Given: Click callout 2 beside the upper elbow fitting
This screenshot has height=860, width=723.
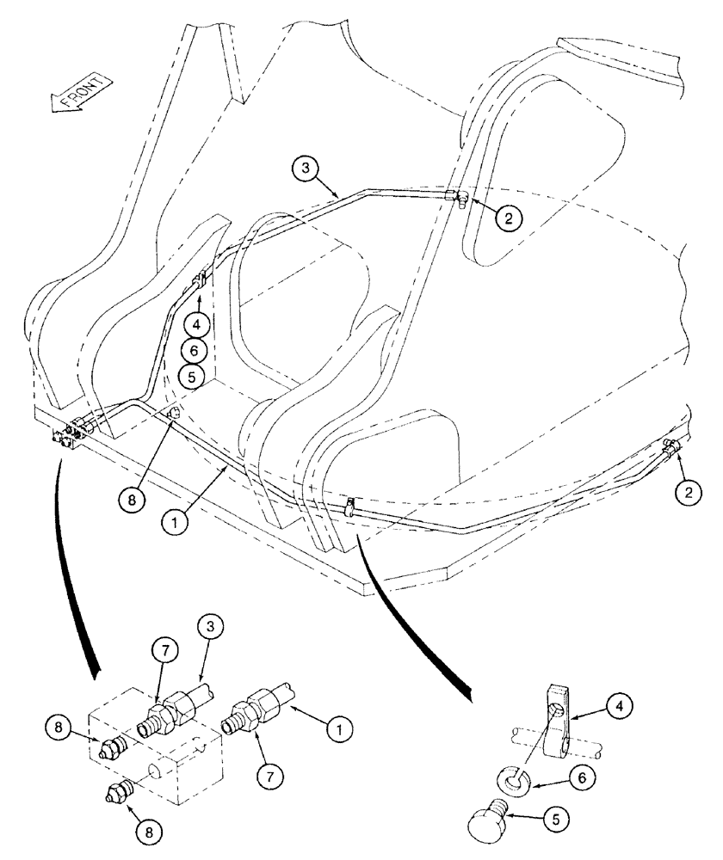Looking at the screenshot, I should coord(508,218).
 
